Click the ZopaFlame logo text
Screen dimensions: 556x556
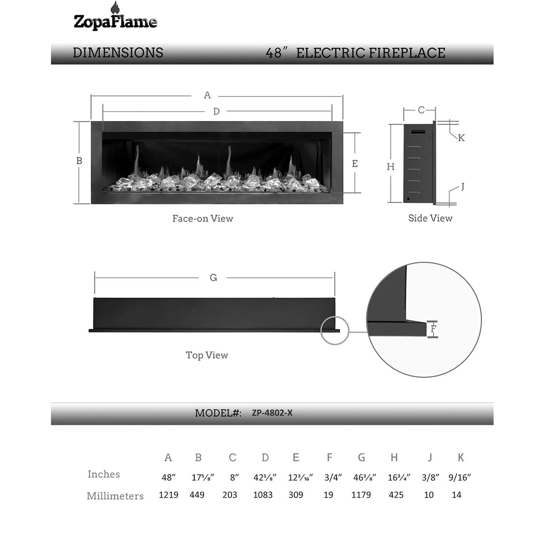115,22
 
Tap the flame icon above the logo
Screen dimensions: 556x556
115,8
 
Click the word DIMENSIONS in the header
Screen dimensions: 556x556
118,53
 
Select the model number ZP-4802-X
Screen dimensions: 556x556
272,413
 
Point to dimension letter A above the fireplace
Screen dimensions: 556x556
207,95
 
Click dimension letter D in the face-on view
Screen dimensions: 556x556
216,111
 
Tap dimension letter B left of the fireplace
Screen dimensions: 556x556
79,161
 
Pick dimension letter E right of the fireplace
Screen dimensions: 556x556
355,164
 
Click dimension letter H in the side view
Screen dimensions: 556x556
391,167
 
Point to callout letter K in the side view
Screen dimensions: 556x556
461,138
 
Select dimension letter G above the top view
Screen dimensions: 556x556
214,277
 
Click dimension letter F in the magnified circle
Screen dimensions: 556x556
434,329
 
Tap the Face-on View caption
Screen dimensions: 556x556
202,219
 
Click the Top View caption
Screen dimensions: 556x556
207,355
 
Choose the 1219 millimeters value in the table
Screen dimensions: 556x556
169,495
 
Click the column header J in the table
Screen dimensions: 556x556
430,457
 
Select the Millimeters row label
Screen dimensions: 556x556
115,496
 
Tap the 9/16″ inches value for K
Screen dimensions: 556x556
460,478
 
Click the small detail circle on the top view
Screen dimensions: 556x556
334,331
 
